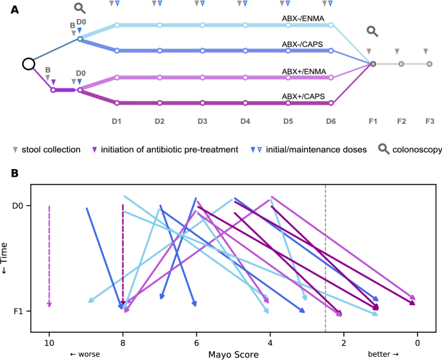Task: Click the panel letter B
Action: point(6,175)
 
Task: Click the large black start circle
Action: point(28,64)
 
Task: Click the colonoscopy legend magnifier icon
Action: point(383,149)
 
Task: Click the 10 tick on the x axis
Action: point(49,342)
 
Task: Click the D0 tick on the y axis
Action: point(19,206)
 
